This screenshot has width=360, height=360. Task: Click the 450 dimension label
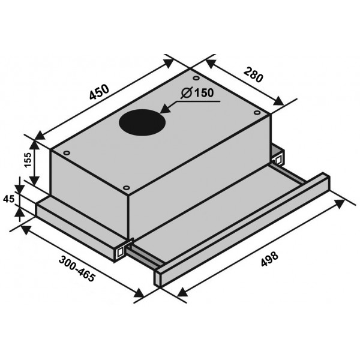(x=99, y=92)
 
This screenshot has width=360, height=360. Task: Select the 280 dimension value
(x=253, y=75)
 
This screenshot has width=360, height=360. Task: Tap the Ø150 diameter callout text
(x=197, y=93)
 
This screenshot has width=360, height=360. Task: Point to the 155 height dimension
(x=28, y=160)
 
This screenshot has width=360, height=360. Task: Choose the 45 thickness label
(x=9, y=199)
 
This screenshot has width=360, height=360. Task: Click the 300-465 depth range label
(x=77, y=269)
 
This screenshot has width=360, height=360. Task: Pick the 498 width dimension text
(x=269, y=259)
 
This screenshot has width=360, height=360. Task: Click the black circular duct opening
(x=142, y=122)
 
